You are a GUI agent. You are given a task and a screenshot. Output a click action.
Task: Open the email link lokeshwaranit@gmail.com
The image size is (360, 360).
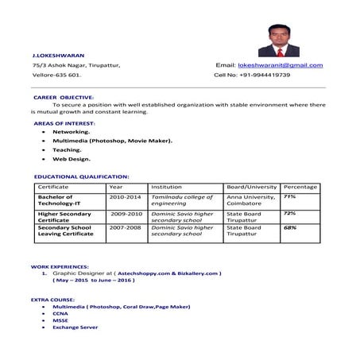(x=281, y=64)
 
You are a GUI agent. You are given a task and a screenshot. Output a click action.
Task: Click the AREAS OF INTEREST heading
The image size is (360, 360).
(x=64, y=124)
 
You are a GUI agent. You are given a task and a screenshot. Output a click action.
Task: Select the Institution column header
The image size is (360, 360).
(x=166, y=187)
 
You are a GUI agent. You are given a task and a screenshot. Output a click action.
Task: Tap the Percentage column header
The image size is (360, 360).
(x=300, y=187)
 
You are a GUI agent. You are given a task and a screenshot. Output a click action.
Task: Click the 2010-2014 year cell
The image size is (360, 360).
(x=125, y=196)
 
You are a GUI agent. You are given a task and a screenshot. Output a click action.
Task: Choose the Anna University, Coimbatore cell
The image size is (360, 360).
(x=251, y=199)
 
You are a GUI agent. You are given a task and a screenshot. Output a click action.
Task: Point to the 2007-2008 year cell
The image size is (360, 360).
(x=125, y=227)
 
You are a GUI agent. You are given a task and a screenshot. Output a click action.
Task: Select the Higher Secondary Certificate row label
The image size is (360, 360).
(x=64, y=216)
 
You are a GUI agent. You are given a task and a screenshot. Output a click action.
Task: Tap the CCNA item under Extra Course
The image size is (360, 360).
(x=60, y=313)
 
